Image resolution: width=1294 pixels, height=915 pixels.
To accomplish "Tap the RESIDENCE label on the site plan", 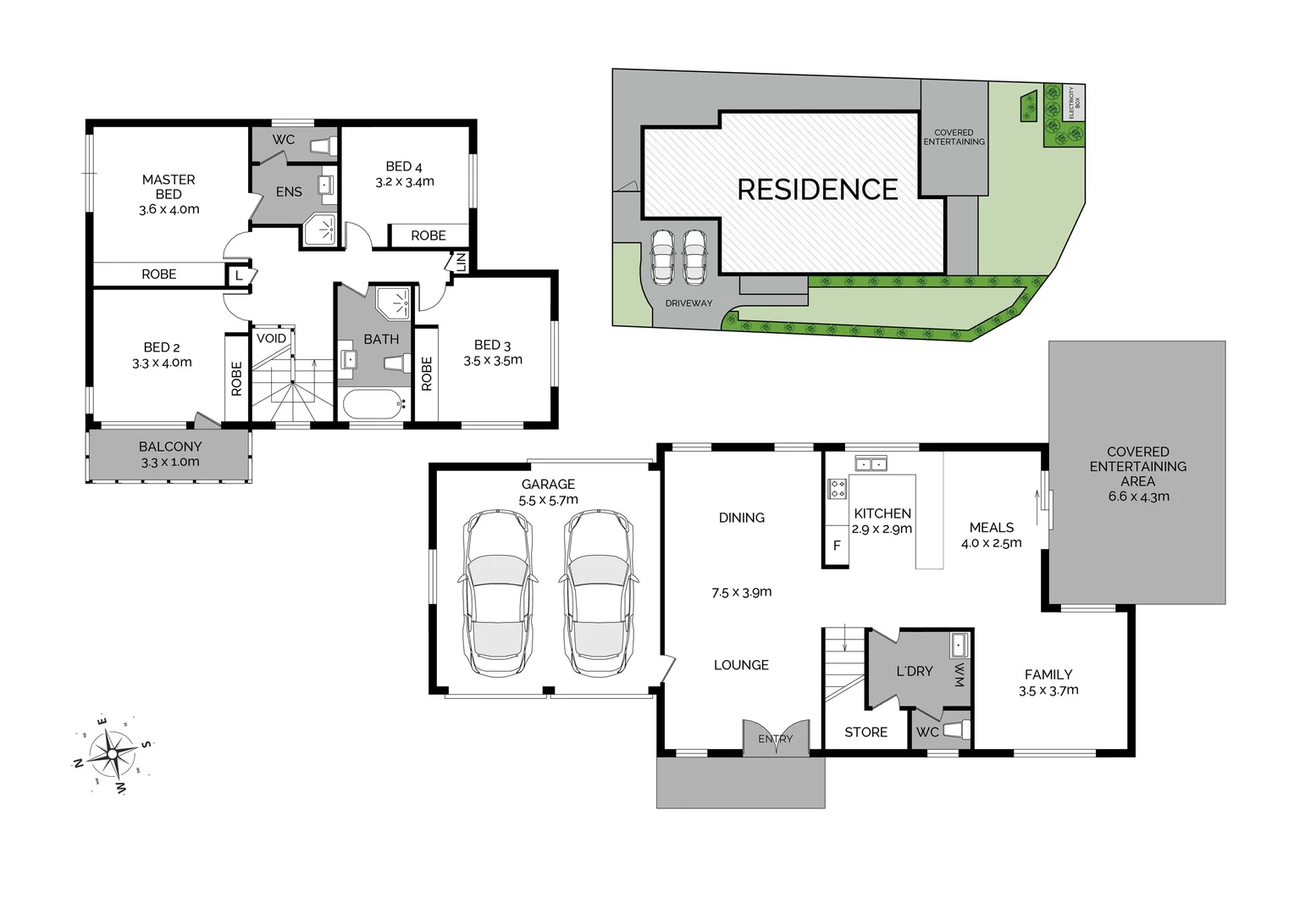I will pos(817,190).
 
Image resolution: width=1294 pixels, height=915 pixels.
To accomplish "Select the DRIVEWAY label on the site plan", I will pos(688,303).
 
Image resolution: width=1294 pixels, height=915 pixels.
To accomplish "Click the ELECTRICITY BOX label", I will pos(1074,102).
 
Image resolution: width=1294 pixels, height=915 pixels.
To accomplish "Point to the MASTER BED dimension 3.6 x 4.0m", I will pos(169,209).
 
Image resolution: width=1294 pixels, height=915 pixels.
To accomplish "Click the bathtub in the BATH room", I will pos(373,404).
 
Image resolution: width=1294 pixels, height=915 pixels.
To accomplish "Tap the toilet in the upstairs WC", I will pos(321,146).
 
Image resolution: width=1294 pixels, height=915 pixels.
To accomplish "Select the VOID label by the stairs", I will pos(271,338).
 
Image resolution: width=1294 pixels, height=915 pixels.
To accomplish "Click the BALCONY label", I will pos(170,446).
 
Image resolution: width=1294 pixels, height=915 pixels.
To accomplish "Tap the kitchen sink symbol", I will pos(871,463).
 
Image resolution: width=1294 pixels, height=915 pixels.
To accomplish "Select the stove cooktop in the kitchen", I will pos(837,489).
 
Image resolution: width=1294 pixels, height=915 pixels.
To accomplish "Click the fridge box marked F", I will pos(837,546).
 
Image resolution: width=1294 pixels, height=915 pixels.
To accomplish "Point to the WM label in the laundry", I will pos(959,675).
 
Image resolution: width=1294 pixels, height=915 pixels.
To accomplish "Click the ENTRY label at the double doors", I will pos(776,739).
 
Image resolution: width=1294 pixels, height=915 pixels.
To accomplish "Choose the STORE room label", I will pos(865,732).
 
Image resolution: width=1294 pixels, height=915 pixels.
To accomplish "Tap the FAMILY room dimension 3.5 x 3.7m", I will pos(1048,690).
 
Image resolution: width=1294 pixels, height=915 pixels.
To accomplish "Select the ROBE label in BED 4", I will pos(429,236).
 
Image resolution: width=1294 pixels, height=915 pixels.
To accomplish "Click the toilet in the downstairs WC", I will pos(955,730).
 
